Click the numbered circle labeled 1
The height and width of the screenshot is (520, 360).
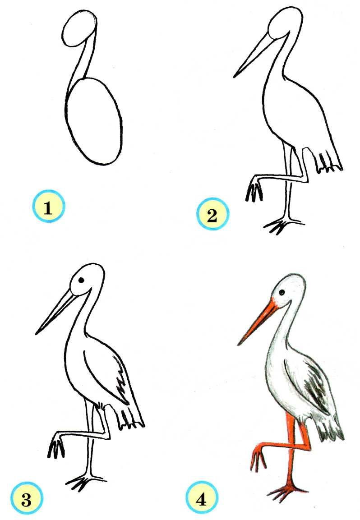(48, 206)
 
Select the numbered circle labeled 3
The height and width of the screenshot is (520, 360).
(27, 499)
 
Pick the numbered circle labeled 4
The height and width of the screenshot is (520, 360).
(201, 499)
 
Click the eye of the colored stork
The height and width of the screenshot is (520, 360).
(282, 293)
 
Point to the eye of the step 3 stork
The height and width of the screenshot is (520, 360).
(81, 280)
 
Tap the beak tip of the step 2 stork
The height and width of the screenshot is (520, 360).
(234, 77)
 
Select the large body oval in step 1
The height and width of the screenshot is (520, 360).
(94, 121)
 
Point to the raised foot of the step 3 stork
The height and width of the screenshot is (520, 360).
(56, 446)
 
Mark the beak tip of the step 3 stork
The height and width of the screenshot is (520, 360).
(36, 333)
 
